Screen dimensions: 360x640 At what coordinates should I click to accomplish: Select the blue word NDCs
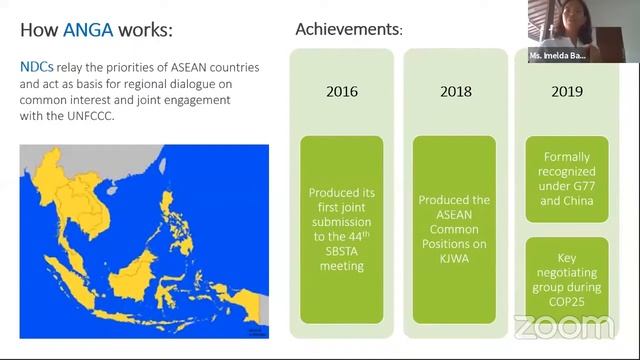(37, 67)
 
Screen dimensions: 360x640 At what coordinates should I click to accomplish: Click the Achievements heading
(348, 30)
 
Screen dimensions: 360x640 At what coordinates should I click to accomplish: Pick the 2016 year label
(342, 92)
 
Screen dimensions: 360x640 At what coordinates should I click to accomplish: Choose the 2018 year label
(455, 92)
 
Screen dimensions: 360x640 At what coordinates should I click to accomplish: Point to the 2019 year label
(567, 92)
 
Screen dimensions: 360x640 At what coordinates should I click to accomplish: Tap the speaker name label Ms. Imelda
(565, 56)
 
